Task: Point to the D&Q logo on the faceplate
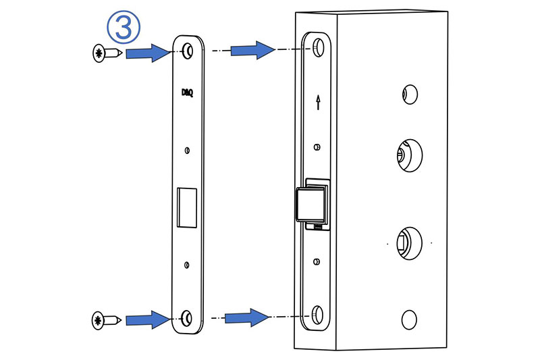pyautogui.click(x=187, y=93)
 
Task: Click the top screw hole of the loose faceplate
pyautogui.click(x=187, y=50)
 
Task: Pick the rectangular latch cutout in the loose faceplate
pyautogui.click(x=186, y=207)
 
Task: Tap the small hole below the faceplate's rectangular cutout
pyautogui.click(x=187, y=263)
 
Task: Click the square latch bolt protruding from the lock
pyautogui.click(x=310, y=205)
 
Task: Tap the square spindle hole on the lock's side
pyautogui.click(x=406, y=242)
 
